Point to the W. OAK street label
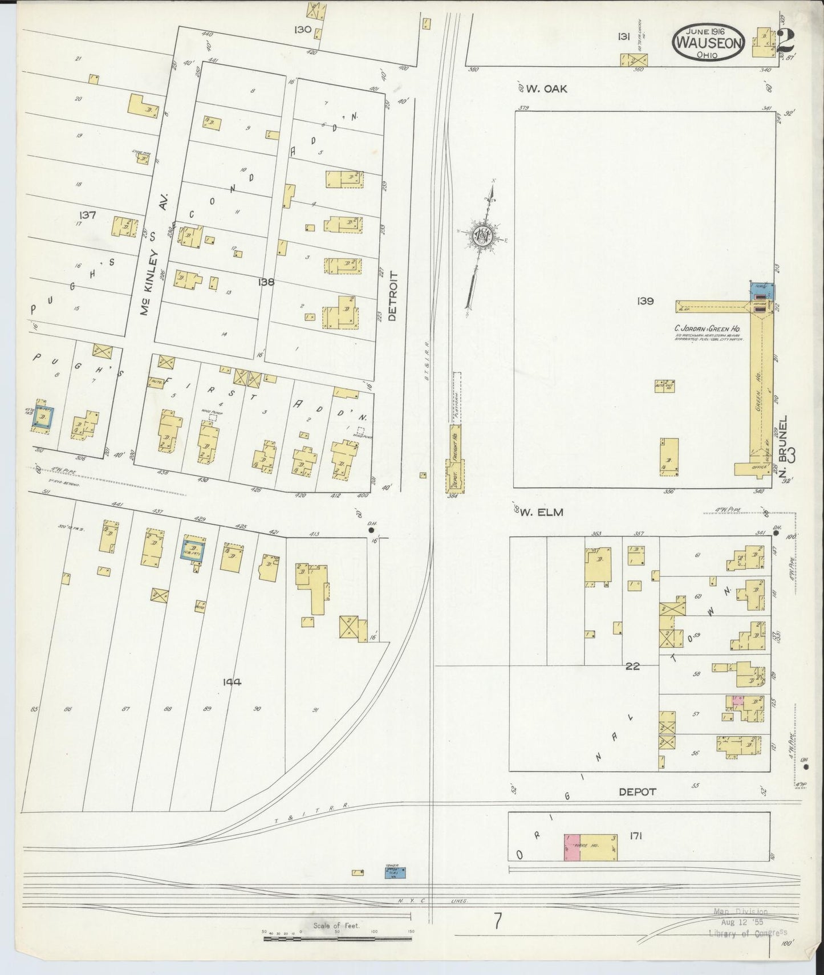[x=546, y=88]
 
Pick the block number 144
[x=233, y=681]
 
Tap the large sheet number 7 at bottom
[x=498, y=921]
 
